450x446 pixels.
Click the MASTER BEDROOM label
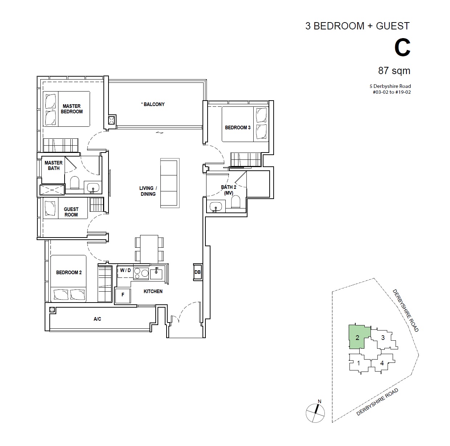coord(71,109)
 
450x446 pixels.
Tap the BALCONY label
coord(153,104)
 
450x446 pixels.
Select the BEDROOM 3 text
coord(237,127)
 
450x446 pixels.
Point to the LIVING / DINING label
coord(148,191)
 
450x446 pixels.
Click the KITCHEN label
coord(153,291)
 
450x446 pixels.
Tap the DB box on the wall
coord(197,272)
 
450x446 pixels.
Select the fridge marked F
coord(123,296)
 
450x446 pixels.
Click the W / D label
coord(126,270)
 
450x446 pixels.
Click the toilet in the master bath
coord(74,182)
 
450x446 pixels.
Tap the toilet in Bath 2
coord(236,202)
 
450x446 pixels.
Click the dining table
coord(149,249)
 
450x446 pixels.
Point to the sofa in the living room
coord(170,183)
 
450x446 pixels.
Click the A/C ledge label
coord(97,319)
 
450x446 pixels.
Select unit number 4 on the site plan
coord(382,363)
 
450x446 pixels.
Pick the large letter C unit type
coord(402,48)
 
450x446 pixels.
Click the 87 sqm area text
coord(394,70)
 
